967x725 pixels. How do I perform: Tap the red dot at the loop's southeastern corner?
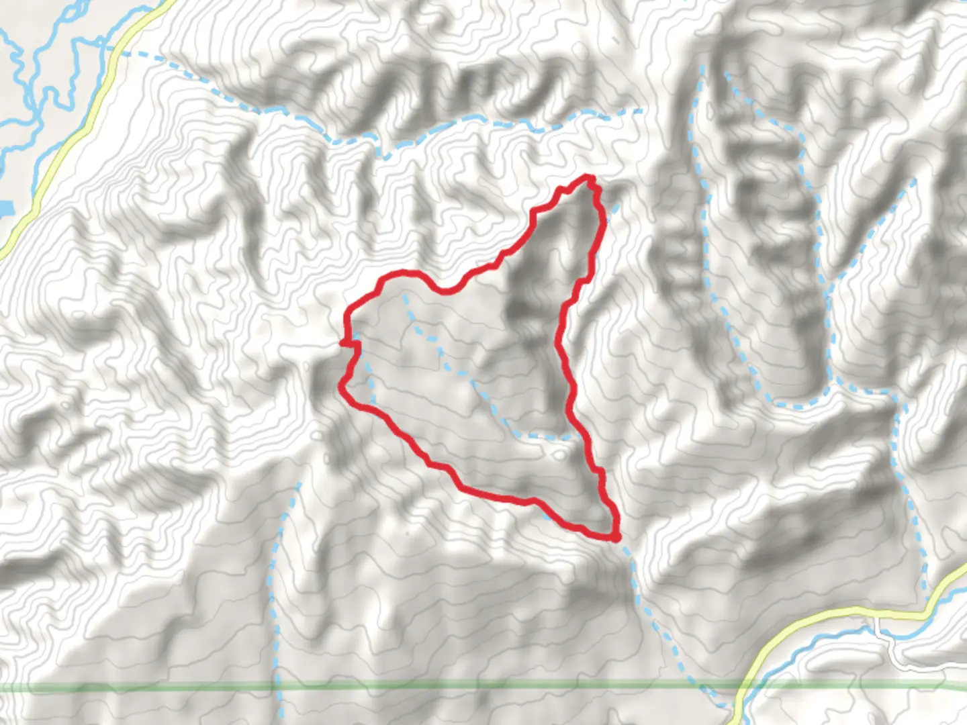(615, 536)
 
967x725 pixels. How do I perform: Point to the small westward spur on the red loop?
(342, 343)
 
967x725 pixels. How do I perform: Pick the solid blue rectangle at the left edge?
(5, 209)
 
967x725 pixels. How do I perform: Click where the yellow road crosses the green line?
(741, 686)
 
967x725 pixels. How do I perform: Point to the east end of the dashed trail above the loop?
(641, 111)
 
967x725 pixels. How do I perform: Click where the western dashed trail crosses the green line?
(277, 686)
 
